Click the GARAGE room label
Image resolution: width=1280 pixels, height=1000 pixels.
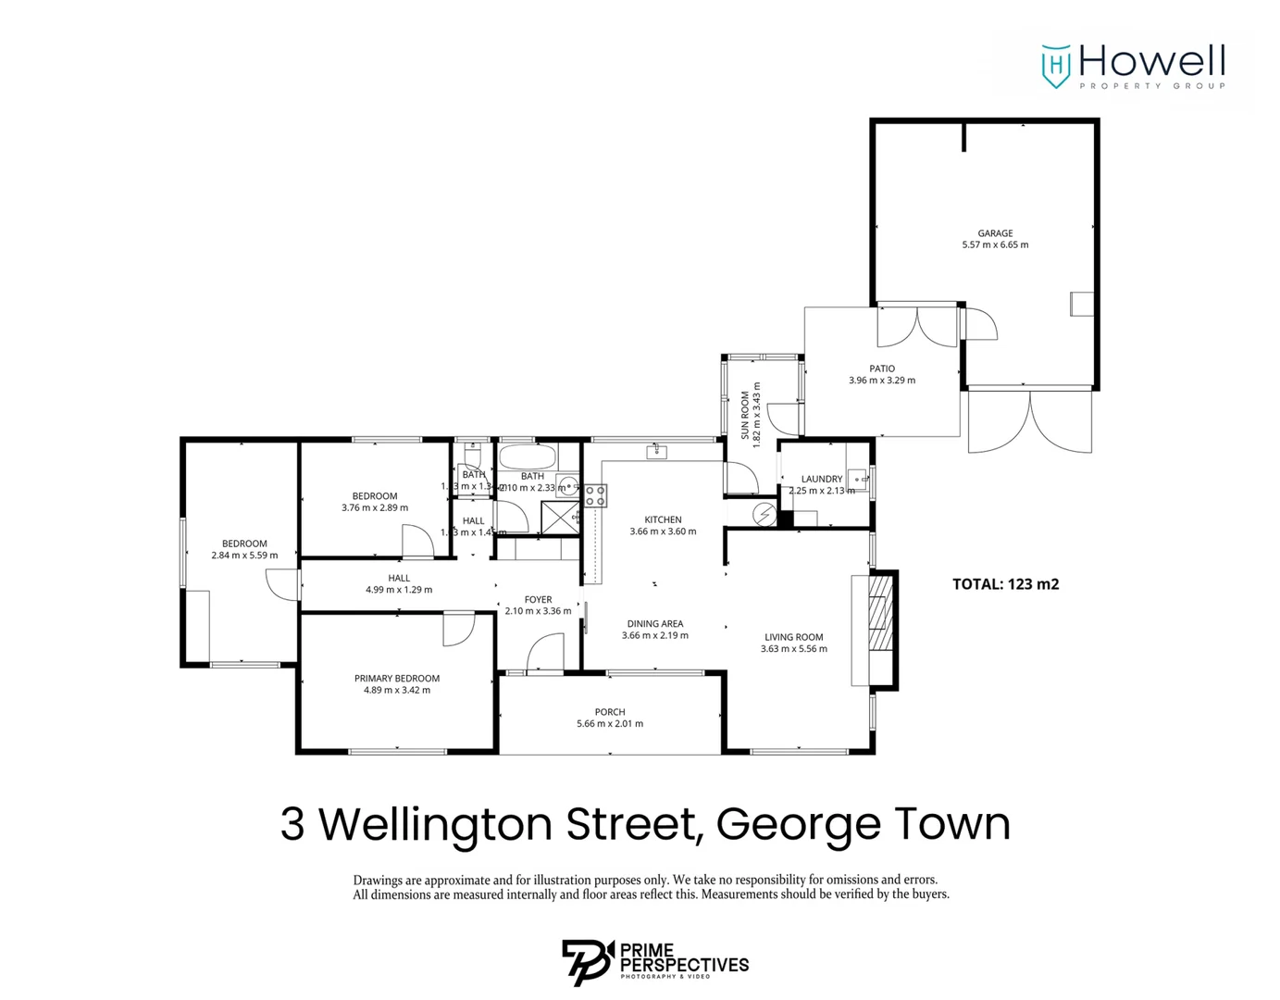[995, 233]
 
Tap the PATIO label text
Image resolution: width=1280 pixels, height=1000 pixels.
[882, 369]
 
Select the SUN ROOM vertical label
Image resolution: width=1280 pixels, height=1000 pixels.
[745, 414]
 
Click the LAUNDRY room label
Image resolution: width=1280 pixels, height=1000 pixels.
[822, 479]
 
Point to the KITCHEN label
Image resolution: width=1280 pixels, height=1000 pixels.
[663, 519]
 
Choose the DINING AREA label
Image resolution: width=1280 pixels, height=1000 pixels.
[654, 623]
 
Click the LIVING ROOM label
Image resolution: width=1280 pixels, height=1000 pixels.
[793, 637]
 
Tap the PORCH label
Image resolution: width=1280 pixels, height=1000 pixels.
[610, 712]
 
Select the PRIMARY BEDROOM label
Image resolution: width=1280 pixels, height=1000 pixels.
[397, 678]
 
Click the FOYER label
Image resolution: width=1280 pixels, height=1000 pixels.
[538, 599]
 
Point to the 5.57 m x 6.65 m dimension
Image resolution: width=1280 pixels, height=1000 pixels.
[995, 245]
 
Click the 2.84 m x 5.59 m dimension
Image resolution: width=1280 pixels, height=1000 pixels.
[244, 556]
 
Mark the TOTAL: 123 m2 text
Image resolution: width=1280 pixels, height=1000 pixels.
[1005, 584]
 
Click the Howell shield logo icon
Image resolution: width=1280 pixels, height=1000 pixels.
[1056, 66]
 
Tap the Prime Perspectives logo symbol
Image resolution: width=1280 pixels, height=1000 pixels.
[588, 961]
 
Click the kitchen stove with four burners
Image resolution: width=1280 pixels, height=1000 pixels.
[595, 495]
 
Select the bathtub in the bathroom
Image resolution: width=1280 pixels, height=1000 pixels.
[528, 456]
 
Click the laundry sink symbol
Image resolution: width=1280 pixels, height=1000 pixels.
[858, 479]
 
